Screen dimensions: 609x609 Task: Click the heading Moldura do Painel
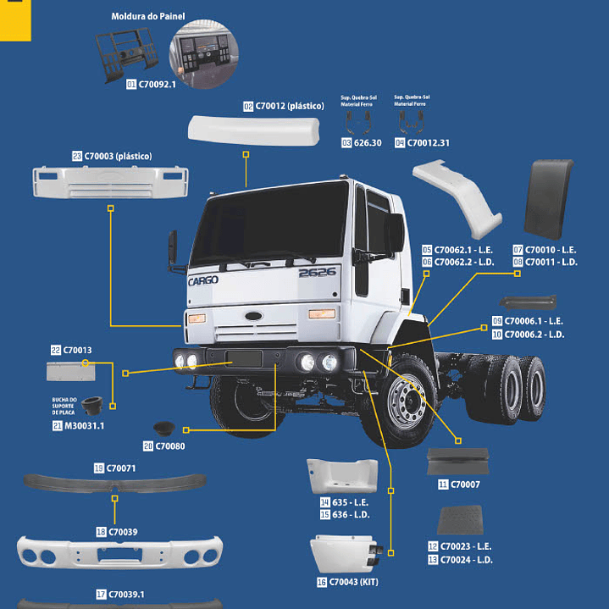[148, 17]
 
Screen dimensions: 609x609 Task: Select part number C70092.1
[157, 85]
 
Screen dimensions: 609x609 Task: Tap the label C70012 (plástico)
[289, 107]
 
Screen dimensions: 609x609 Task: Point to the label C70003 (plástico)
[118, 157]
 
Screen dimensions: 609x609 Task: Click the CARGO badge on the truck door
[202, 280]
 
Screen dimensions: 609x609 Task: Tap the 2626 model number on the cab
[317, 272]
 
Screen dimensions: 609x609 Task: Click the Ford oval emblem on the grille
[253, 316]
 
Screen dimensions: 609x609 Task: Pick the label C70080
[169, 446]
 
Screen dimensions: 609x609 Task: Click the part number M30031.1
[85, 426]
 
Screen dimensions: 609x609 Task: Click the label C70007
[465, 484]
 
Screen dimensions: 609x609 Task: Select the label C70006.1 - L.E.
[533, 321]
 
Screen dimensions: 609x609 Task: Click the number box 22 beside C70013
[55, 350]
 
